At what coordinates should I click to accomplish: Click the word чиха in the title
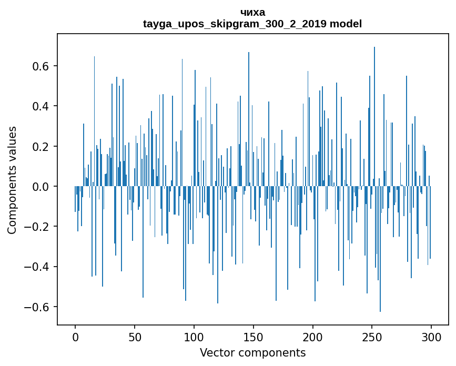coord(252,12)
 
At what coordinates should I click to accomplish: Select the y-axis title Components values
coord(12,180)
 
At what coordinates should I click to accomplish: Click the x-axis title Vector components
coord(252,353)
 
